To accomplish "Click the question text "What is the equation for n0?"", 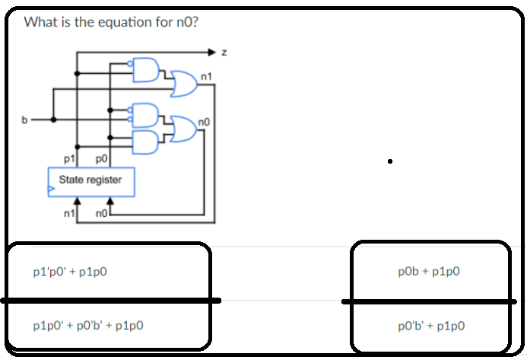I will click(x=111, y=22).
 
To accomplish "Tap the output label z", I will click(x=224, y=53).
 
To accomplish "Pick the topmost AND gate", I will click(x=146, y=69).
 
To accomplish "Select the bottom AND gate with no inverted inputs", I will click(x=146, y=140).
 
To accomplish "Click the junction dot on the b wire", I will click(x=53, y=119).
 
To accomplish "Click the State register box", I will click(x=90, y=180).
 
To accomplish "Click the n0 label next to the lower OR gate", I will click(x=202, y=121).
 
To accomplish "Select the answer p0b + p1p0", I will click(x=429, y=271).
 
